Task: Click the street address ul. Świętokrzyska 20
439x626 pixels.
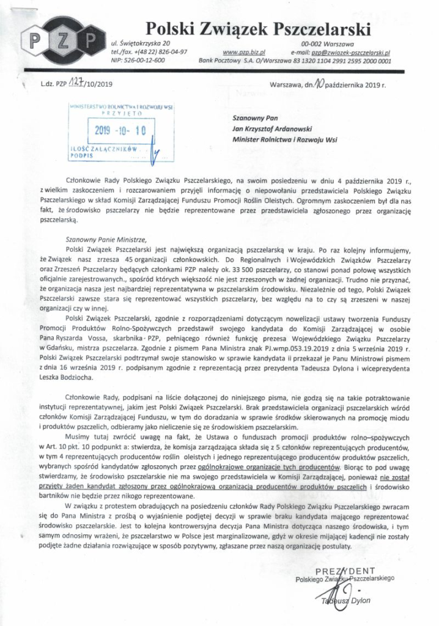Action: coord(141,45)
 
